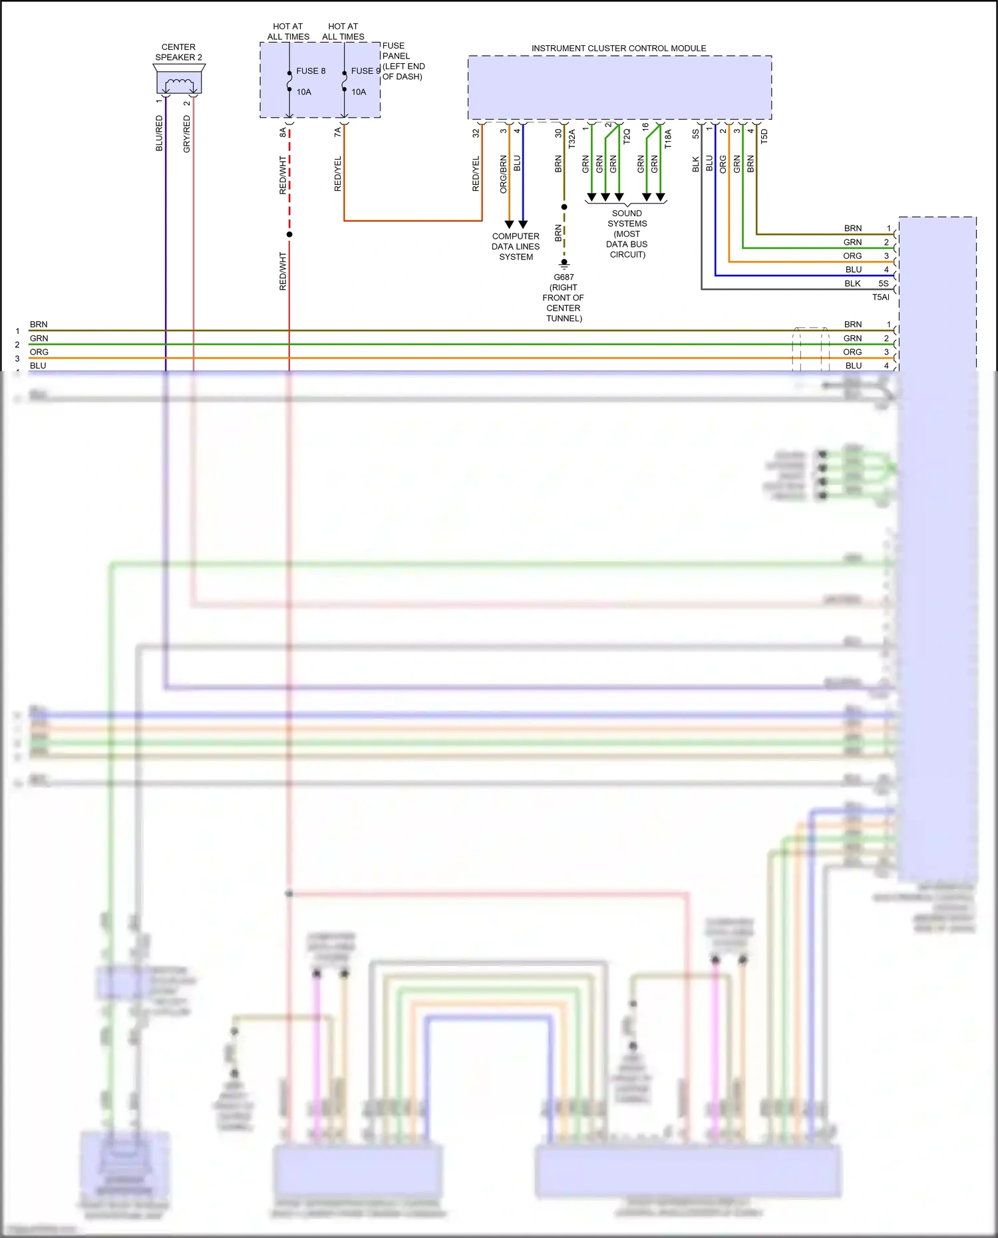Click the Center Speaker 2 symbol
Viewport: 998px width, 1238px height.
179,82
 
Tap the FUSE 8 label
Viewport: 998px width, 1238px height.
311,71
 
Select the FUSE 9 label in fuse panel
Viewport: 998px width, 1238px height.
365,71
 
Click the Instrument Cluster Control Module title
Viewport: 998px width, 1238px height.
619,49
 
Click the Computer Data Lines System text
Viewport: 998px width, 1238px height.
516,246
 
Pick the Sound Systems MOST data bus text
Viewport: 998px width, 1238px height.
627,233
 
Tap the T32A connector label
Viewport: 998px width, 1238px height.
572,138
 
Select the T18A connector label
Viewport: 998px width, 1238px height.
668,138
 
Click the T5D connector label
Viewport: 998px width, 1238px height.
764,136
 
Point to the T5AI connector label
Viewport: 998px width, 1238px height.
880,297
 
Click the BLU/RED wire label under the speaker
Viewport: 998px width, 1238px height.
159,133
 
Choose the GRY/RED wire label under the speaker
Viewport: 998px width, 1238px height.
187,134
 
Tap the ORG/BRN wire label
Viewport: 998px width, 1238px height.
504,174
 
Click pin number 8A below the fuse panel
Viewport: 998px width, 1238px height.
283,133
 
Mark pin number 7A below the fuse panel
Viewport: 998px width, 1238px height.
338,133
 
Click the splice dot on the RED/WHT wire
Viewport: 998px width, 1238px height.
289,234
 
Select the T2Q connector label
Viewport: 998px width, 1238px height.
627,136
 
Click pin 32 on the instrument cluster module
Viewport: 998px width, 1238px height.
476,133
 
